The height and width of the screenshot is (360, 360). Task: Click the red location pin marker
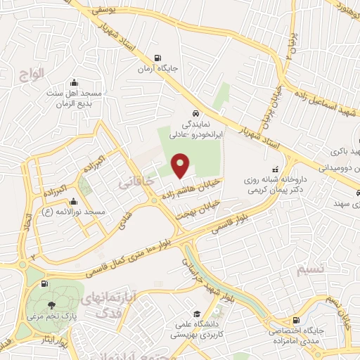point(181,166)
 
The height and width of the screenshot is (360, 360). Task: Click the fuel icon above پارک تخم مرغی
point(45,283)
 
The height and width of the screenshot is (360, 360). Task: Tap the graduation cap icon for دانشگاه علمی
point(197,313)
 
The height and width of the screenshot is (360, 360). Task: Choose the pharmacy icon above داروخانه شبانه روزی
point(275,169)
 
